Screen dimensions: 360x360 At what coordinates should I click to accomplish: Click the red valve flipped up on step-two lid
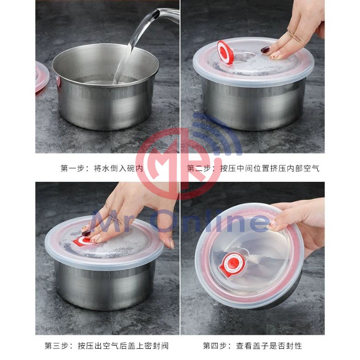225,52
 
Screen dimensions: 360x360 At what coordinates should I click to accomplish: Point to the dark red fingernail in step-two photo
265,49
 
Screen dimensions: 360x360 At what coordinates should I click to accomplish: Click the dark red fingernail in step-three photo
86,233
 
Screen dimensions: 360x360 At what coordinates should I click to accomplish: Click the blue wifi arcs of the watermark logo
218,133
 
